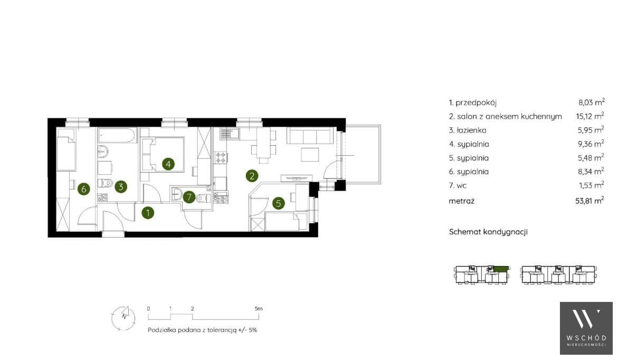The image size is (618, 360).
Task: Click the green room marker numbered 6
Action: (83, 189)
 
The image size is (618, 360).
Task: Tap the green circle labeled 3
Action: (121, 186)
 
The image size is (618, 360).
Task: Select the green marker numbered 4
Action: (168, 164)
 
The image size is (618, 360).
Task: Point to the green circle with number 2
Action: (252, 175)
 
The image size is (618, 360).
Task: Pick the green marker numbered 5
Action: (278, 203)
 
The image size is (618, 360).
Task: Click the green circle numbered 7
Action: (189, 197)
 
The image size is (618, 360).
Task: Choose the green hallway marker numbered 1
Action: (148, 213)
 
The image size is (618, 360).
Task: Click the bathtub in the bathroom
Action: (117, 135)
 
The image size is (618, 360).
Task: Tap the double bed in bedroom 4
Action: (163, 154)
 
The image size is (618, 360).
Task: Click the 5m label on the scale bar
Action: (259, 309)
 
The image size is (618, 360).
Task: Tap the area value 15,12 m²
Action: (590, 116)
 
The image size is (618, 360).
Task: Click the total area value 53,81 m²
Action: (589, 201)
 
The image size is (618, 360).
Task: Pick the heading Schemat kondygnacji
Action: (488, 232)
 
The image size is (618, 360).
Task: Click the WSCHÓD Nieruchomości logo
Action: (586, 328)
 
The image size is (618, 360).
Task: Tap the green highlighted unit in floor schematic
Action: (500, 269)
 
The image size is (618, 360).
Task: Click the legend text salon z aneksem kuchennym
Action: (509, 116)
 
